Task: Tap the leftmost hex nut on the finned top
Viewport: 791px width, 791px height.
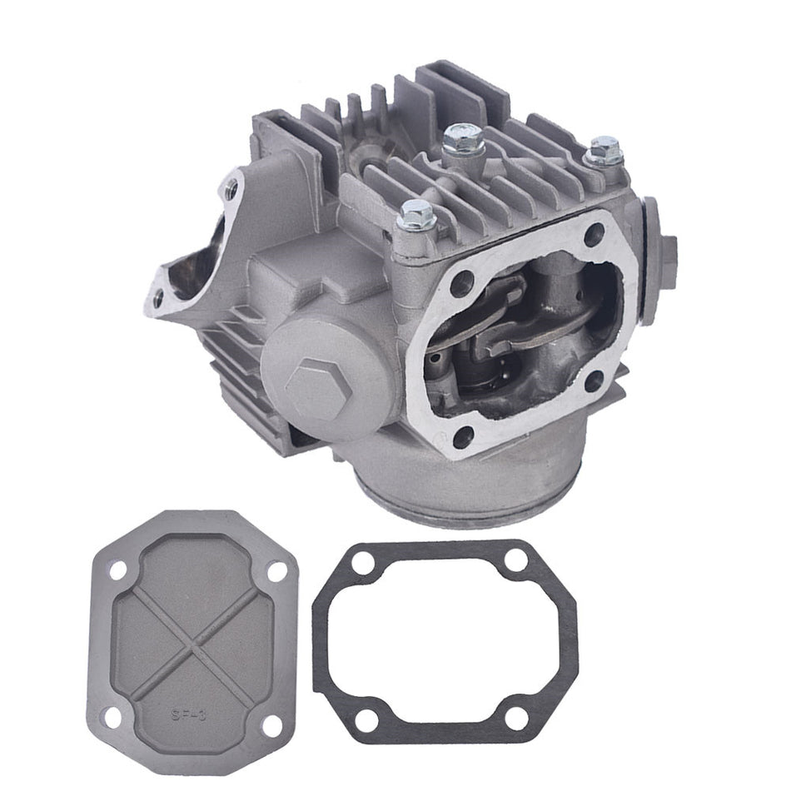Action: point(415,216)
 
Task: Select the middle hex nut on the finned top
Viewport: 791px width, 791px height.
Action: point(463,138)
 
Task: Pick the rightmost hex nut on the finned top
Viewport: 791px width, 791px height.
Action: point(604,151)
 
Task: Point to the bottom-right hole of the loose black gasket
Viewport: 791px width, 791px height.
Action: point(517,719)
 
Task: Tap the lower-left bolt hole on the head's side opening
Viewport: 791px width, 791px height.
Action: point(464,435)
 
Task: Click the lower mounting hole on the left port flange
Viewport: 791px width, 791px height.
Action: point(158,297)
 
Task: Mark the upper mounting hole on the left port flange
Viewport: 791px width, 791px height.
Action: point(231,191)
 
